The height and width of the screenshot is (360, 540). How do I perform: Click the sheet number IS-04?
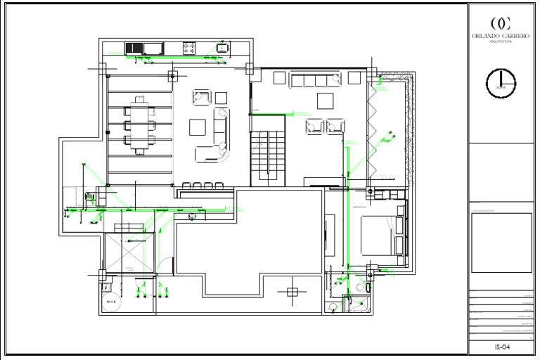pos(501,347)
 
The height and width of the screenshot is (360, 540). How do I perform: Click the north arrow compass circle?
pos(501,83)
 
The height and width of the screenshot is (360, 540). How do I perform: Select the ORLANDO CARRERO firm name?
pos(501,36)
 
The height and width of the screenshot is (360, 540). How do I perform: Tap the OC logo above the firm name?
pos(501,22)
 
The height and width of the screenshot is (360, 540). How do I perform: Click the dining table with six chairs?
pos(139,127)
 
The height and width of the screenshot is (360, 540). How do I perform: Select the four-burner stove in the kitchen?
pos(190,48)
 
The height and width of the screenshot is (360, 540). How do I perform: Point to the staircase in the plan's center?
pos(269,157)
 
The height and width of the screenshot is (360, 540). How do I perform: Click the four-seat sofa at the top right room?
pos(316,79)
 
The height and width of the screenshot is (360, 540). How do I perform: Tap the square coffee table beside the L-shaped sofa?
pos(198,127)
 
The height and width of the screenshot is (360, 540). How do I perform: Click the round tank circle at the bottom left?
pos(110,302)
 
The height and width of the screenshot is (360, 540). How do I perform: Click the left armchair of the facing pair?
pos(313,127)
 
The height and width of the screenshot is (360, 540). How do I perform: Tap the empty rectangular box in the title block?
pos(501,243)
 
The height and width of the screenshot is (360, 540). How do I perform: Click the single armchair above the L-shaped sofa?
pos(202,97)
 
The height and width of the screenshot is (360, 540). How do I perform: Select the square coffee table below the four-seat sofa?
pos(325,101)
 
